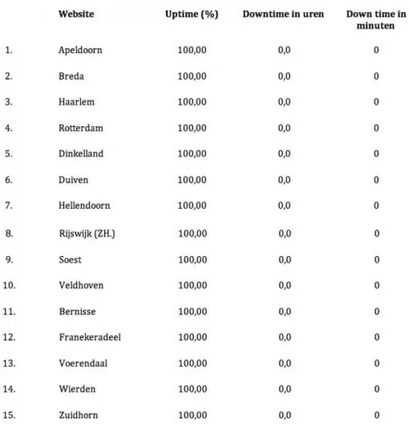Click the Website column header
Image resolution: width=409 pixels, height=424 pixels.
(x=74, y=14)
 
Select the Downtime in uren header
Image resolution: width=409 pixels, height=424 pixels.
(x=283, y=14)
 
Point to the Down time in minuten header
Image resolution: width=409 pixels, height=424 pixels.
(x=376, y=20)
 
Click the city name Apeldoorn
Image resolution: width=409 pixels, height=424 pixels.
(x=81, y=50)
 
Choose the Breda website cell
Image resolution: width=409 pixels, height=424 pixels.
(x=72, y=76)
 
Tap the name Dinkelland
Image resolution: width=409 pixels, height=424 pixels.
(x=81, y=154)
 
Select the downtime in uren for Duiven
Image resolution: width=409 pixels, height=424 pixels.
(x=285, y=179)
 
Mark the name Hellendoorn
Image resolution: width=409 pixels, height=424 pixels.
(x=84, y=205)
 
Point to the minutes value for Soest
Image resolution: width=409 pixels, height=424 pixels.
(x=376, y=259)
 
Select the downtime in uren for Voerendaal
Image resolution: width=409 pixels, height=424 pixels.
(x=285, y=363)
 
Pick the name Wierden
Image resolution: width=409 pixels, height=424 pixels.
(x=77, y=389)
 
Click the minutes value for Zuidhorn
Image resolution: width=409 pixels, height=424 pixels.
(x=376, y=415)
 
